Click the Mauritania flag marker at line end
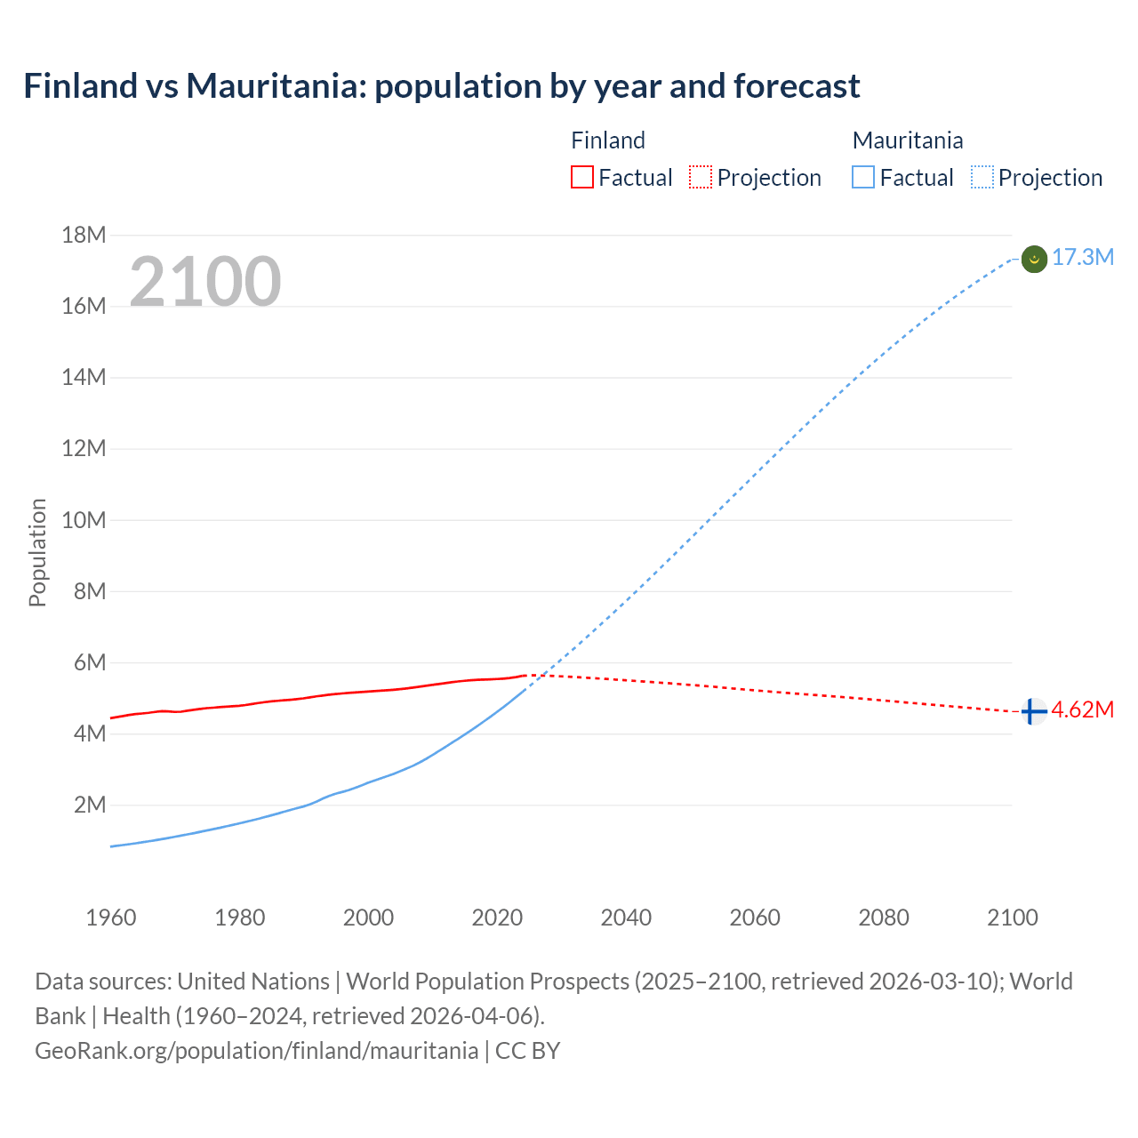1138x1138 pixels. click(1034, 259)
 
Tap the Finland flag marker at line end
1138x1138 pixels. click(1033, 711)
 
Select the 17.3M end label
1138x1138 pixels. click(1083, 258)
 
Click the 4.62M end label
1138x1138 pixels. click(1083, 710)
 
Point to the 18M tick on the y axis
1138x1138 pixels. click(84, 235)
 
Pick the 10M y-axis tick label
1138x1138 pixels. click(84, 520)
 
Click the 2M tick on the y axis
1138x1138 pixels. click(90, 805)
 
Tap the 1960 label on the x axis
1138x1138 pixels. click(111, 918)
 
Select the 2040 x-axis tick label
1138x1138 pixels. click(626, 918)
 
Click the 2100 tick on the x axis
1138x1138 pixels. click(1012, 918)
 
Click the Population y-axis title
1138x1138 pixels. click(37, 553)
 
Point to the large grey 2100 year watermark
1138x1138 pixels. click(205, 282)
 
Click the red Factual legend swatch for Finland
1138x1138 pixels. click(581, 177)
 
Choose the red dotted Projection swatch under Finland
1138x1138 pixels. click(701, 177)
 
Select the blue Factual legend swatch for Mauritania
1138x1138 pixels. click(863, 177)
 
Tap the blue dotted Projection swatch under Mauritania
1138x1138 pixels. click(982, 177)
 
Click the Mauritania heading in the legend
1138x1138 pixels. click(908, 140)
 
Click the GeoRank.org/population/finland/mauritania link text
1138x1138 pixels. click(256, 1051)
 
